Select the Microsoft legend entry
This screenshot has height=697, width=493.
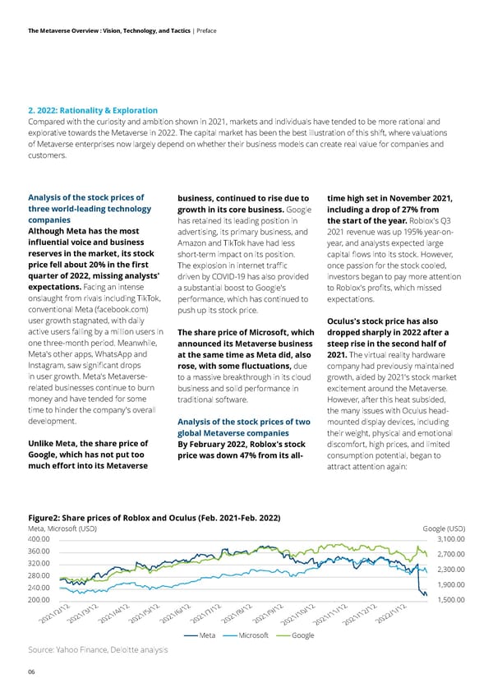254,636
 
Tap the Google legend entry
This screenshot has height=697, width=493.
302,636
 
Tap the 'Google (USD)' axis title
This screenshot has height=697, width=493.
444,528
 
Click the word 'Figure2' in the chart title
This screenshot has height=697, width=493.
46,517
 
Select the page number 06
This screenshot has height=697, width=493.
32,671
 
